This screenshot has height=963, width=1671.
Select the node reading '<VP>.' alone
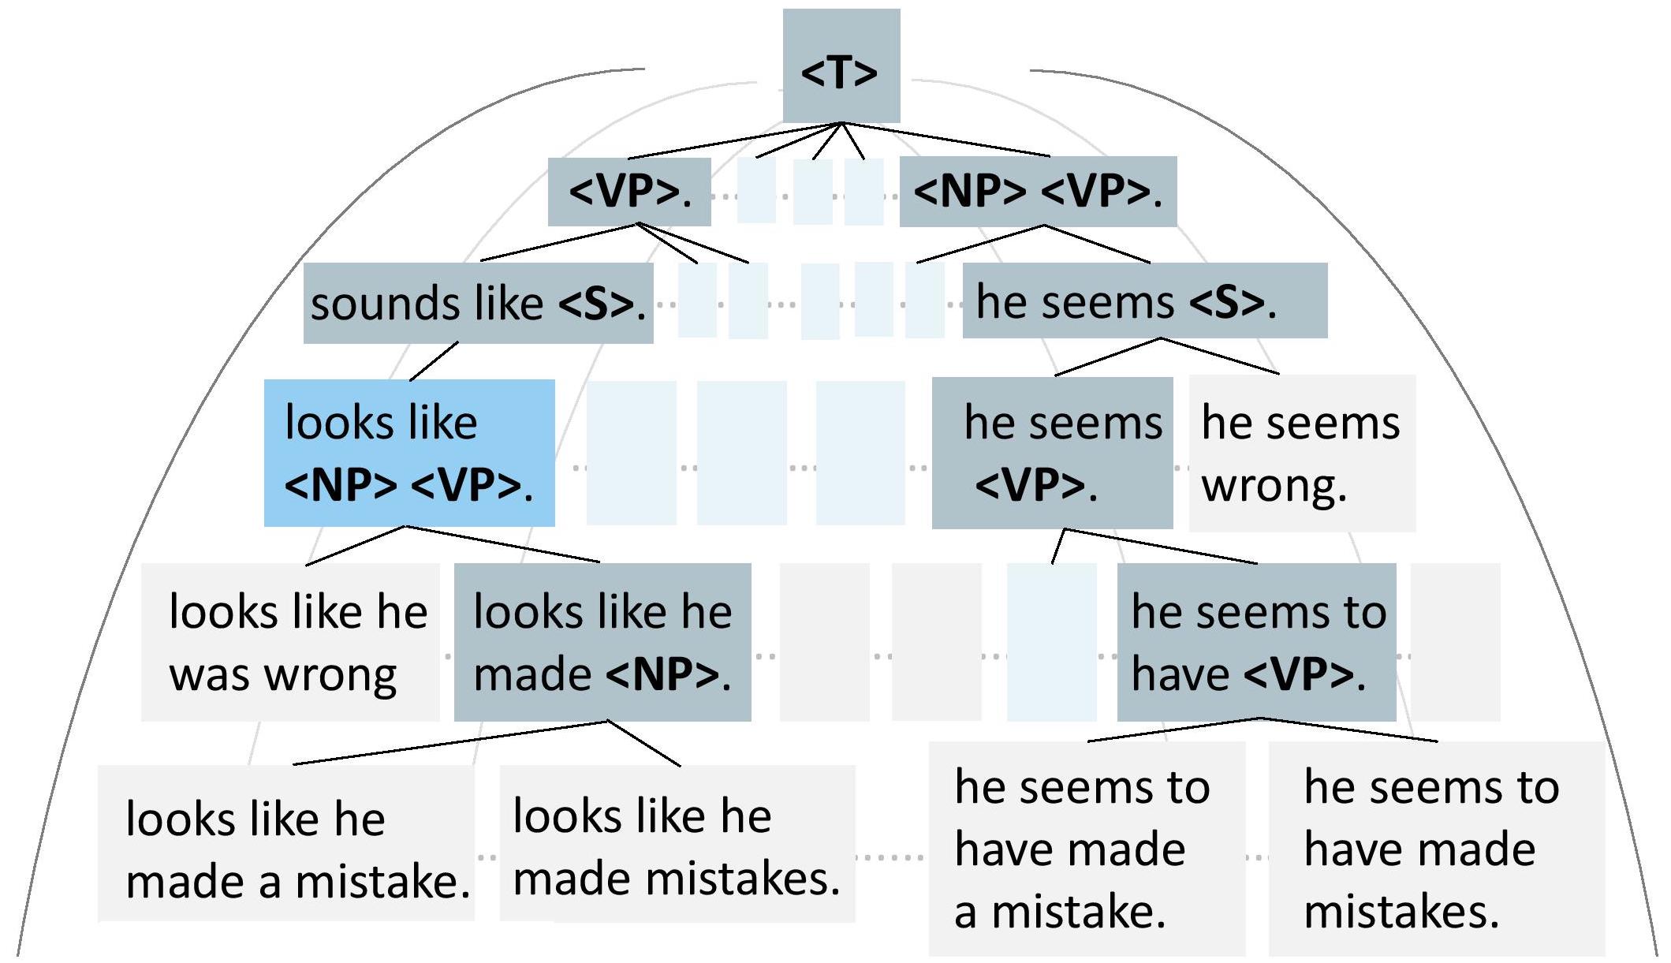(629, 192)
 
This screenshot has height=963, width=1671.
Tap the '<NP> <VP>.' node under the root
(1037, 192)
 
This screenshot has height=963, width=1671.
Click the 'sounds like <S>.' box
(478, 304)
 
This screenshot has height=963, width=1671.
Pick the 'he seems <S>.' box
(1144, 301)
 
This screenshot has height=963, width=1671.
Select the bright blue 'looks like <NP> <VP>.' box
(409, 453)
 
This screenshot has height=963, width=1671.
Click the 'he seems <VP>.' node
(1052, 453)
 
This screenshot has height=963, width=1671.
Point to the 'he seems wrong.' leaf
(1301, 453)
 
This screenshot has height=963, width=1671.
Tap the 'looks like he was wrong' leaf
(290, 642)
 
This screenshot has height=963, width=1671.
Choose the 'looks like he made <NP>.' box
(602, 642)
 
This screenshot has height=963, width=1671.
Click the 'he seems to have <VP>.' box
(1256, 642)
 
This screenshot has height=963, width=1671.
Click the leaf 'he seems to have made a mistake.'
(1087, 849)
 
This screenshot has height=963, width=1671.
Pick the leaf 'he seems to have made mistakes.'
(1436, 849)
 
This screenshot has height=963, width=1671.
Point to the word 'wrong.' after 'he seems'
(1274, 486)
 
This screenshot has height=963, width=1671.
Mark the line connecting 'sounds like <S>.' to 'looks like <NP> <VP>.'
(434, 361)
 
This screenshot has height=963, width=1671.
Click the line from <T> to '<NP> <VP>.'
(946, 140)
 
